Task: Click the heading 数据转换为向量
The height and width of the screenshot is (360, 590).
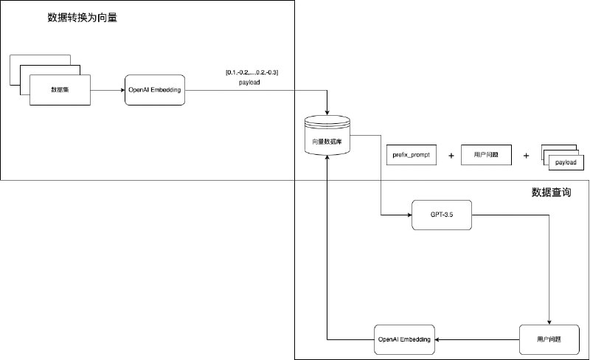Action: [x=82, y=18]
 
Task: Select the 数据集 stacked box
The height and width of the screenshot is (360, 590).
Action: [x=59, y=90]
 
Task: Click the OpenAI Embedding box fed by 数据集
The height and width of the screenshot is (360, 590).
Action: [x=155, y=90]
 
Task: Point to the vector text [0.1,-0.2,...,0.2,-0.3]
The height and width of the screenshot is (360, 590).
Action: [x=251, y=72]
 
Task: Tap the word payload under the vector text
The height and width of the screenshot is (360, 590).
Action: [x=249, y=83]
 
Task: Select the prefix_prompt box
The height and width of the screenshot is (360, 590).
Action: [x=411, y=156]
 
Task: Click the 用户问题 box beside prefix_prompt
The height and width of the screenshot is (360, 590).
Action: [x=486, y=156]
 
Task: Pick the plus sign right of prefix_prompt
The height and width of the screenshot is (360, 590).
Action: [x=451, y=156]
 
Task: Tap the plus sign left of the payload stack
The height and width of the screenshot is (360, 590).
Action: [x=526, y=156]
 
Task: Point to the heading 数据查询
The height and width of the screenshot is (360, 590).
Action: [x=551, y=193]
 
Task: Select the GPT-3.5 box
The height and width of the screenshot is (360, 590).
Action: [x=440, y=214]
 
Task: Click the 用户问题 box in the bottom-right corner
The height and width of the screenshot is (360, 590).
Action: [x=549, y=339]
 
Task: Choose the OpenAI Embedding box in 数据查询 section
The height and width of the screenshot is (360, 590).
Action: [x=403, y=339]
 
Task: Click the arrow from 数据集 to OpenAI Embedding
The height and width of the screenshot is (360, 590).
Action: [x=107, y=90]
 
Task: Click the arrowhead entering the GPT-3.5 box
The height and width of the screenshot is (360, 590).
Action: [x=407, y=214]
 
